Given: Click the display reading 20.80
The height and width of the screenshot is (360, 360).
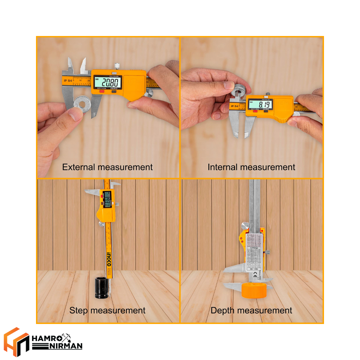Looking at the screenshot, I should pyautogui.click(x=107, y=81).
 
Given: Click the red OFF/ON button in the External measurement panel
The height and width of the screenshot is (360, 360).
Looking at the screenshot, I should pyautogui.click(x=101, y=91).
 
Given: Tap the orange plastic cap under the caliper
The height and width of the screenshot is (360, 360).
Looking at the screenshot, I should pyautogui.click(x=254, y=290).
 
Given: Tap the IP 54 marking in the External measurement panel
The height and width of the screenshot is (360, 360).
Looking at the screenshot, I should pyautogui.click(x=68, y=81).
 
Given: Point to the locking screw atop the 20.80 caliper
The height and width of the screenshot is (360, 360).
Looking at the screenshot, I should pyautogui.click(x=117, y=65).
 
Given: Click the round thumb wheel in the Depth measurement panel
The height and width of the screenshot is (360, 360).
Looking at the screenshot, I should pyautogui.click(x=245, y=226).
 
